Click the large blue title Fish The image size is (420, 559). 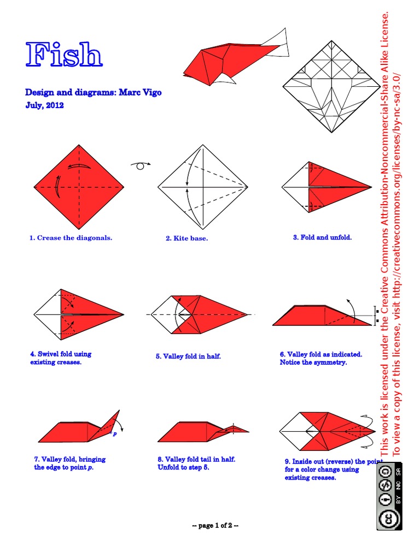click(x=64, y=55)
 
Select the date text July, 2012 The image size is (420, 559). click(x=45, y=105)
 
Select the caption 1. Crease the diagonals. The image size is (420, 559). click(x=71, y=238)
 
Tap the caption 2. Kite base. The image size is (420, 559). click(x=187, y=239)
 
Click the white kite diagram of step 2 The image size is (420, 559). click(x=203, y=187)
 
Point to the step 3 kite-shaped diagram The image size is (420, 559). click(x=326, y=187)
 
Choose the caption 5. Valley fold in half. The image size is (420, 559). click(x=188, y=356)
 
